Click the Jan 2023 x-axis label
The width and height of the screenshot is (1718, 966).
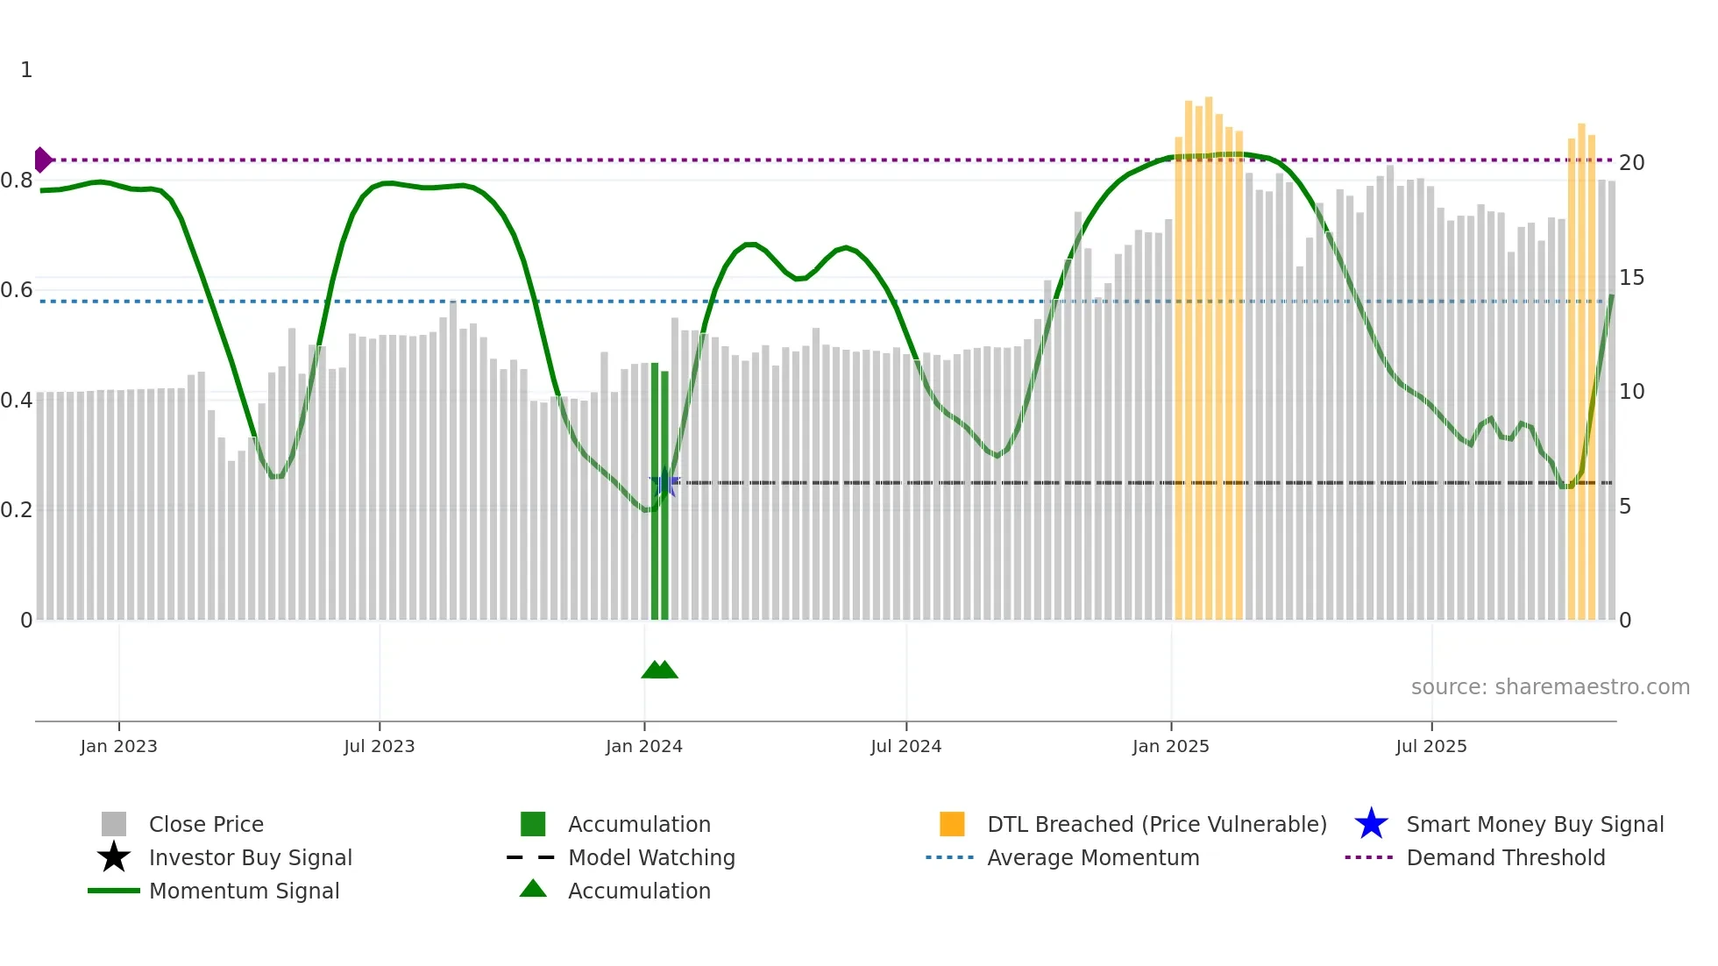pos(118,746)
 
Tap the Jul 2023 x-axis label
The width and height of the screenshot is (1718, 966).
pos(379,746)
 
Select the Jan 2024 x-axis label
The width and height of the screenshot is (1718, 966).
pos(643,746)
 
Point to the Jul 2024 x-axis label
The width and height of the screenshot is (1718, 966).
pos(905,746)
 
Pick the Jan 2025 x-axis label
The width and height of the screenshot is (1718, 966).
pos(1170,746)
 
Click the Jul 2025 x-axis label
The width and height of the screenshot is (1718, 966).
pos(1430,746)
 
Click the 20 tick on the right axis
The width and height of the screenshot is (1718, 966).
pos(1631,163)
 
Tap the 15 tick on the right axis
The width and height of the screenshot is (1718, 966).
pos(1631,278)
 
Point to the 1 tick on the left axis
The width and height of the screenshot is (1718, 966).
pos(26,70)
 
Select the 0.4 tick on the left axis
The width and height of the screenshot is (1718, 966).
pos(17,401)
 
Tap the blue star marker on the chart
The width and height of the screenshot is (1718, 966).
pos(664,482)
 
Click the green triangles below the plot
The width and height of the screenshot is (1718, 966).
pos(659,670)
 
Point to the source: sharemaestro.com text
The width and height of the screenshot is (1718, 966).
pos(1550,687)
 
